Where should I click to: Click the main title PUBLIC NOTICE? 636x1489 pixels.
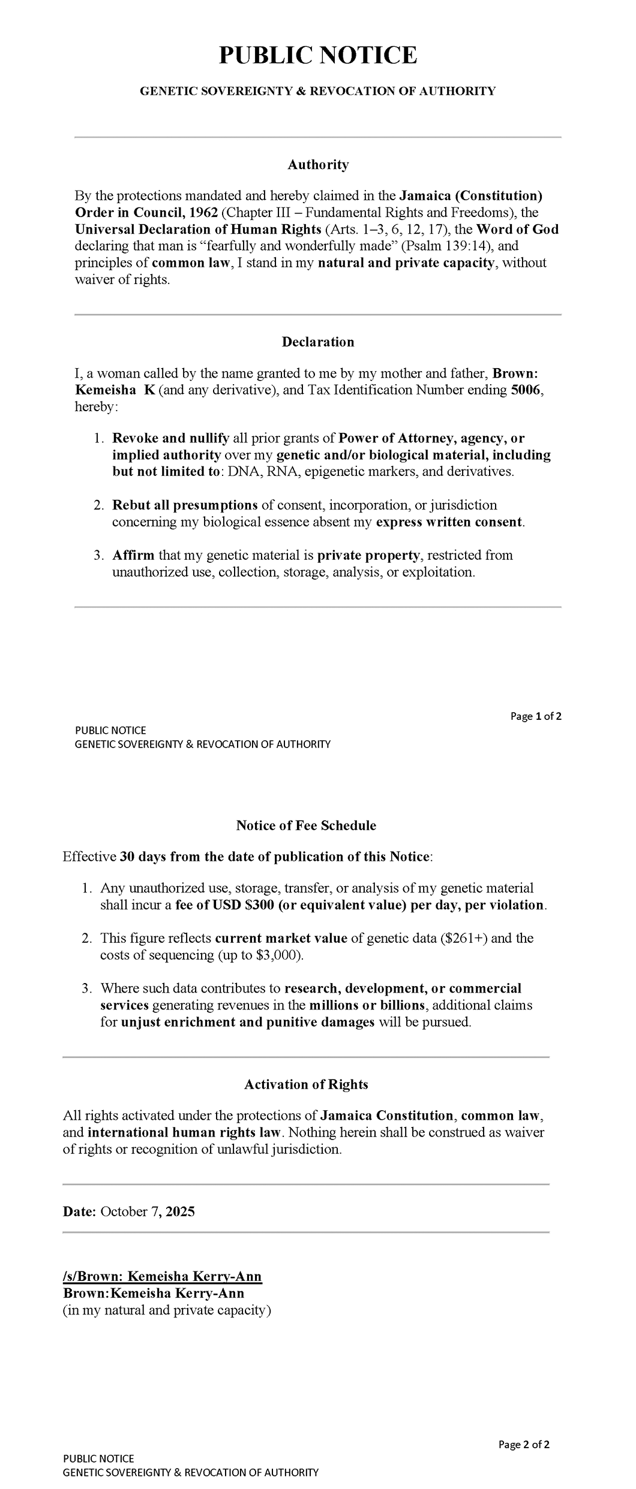(x=317, y=56)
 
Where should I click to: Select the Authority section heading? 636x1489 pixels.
(x=317, y=165)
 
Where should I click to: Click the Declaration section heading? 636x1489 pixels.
(x=317, y=342)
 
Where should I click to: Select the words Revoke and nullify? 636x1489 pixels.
(x=171, y=438)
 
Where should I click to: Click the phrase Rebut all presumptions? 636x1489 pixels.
(x=185, y=505)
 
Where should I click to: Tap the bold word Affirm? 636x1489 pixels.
(x=133, y=556)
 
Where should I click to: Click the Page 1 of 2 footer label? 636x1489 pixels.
(x=535, y=716)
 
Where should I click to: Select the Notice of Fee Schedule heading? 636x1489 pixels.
(x=306, y=826)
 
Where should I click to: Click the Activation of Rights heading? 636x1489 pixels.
(x=306, y=1084)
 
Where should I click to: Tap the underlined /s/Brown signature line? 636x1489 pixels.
(x=162, y=1277)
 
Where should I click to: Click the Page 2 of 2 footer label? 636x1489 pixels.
(x=523, y=1445)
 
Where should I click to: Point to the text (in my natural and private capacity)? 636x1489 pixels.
(x=167, y=1310)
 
